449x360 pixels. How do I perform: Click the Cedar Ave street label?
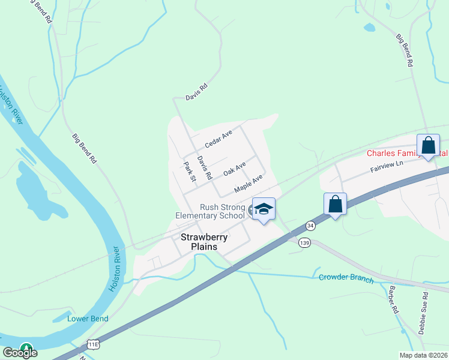point(218,139)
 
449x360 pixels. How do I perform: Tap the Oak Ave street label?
point(235,169)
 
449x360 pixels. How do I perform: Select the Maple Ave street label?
point(249,183)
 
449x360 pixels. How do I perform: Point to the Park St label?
point(190,171)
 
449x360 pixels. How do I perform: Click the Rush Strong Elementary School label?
point(210,211)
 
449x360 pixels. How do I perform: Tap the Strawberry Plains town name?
point(205,242)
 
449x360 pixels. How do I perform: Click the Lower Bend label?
point(88,319)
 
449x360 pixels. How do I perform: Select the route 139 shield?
point(305,242)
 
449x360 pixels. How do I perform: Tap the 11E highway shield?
point(92,344)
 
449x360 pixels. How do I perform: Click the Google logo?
point(20,353)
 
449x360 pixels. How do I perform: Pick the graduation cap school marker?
point(264,209)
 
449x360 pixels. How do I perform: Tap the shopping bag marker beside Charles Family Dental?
point(428,146)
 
